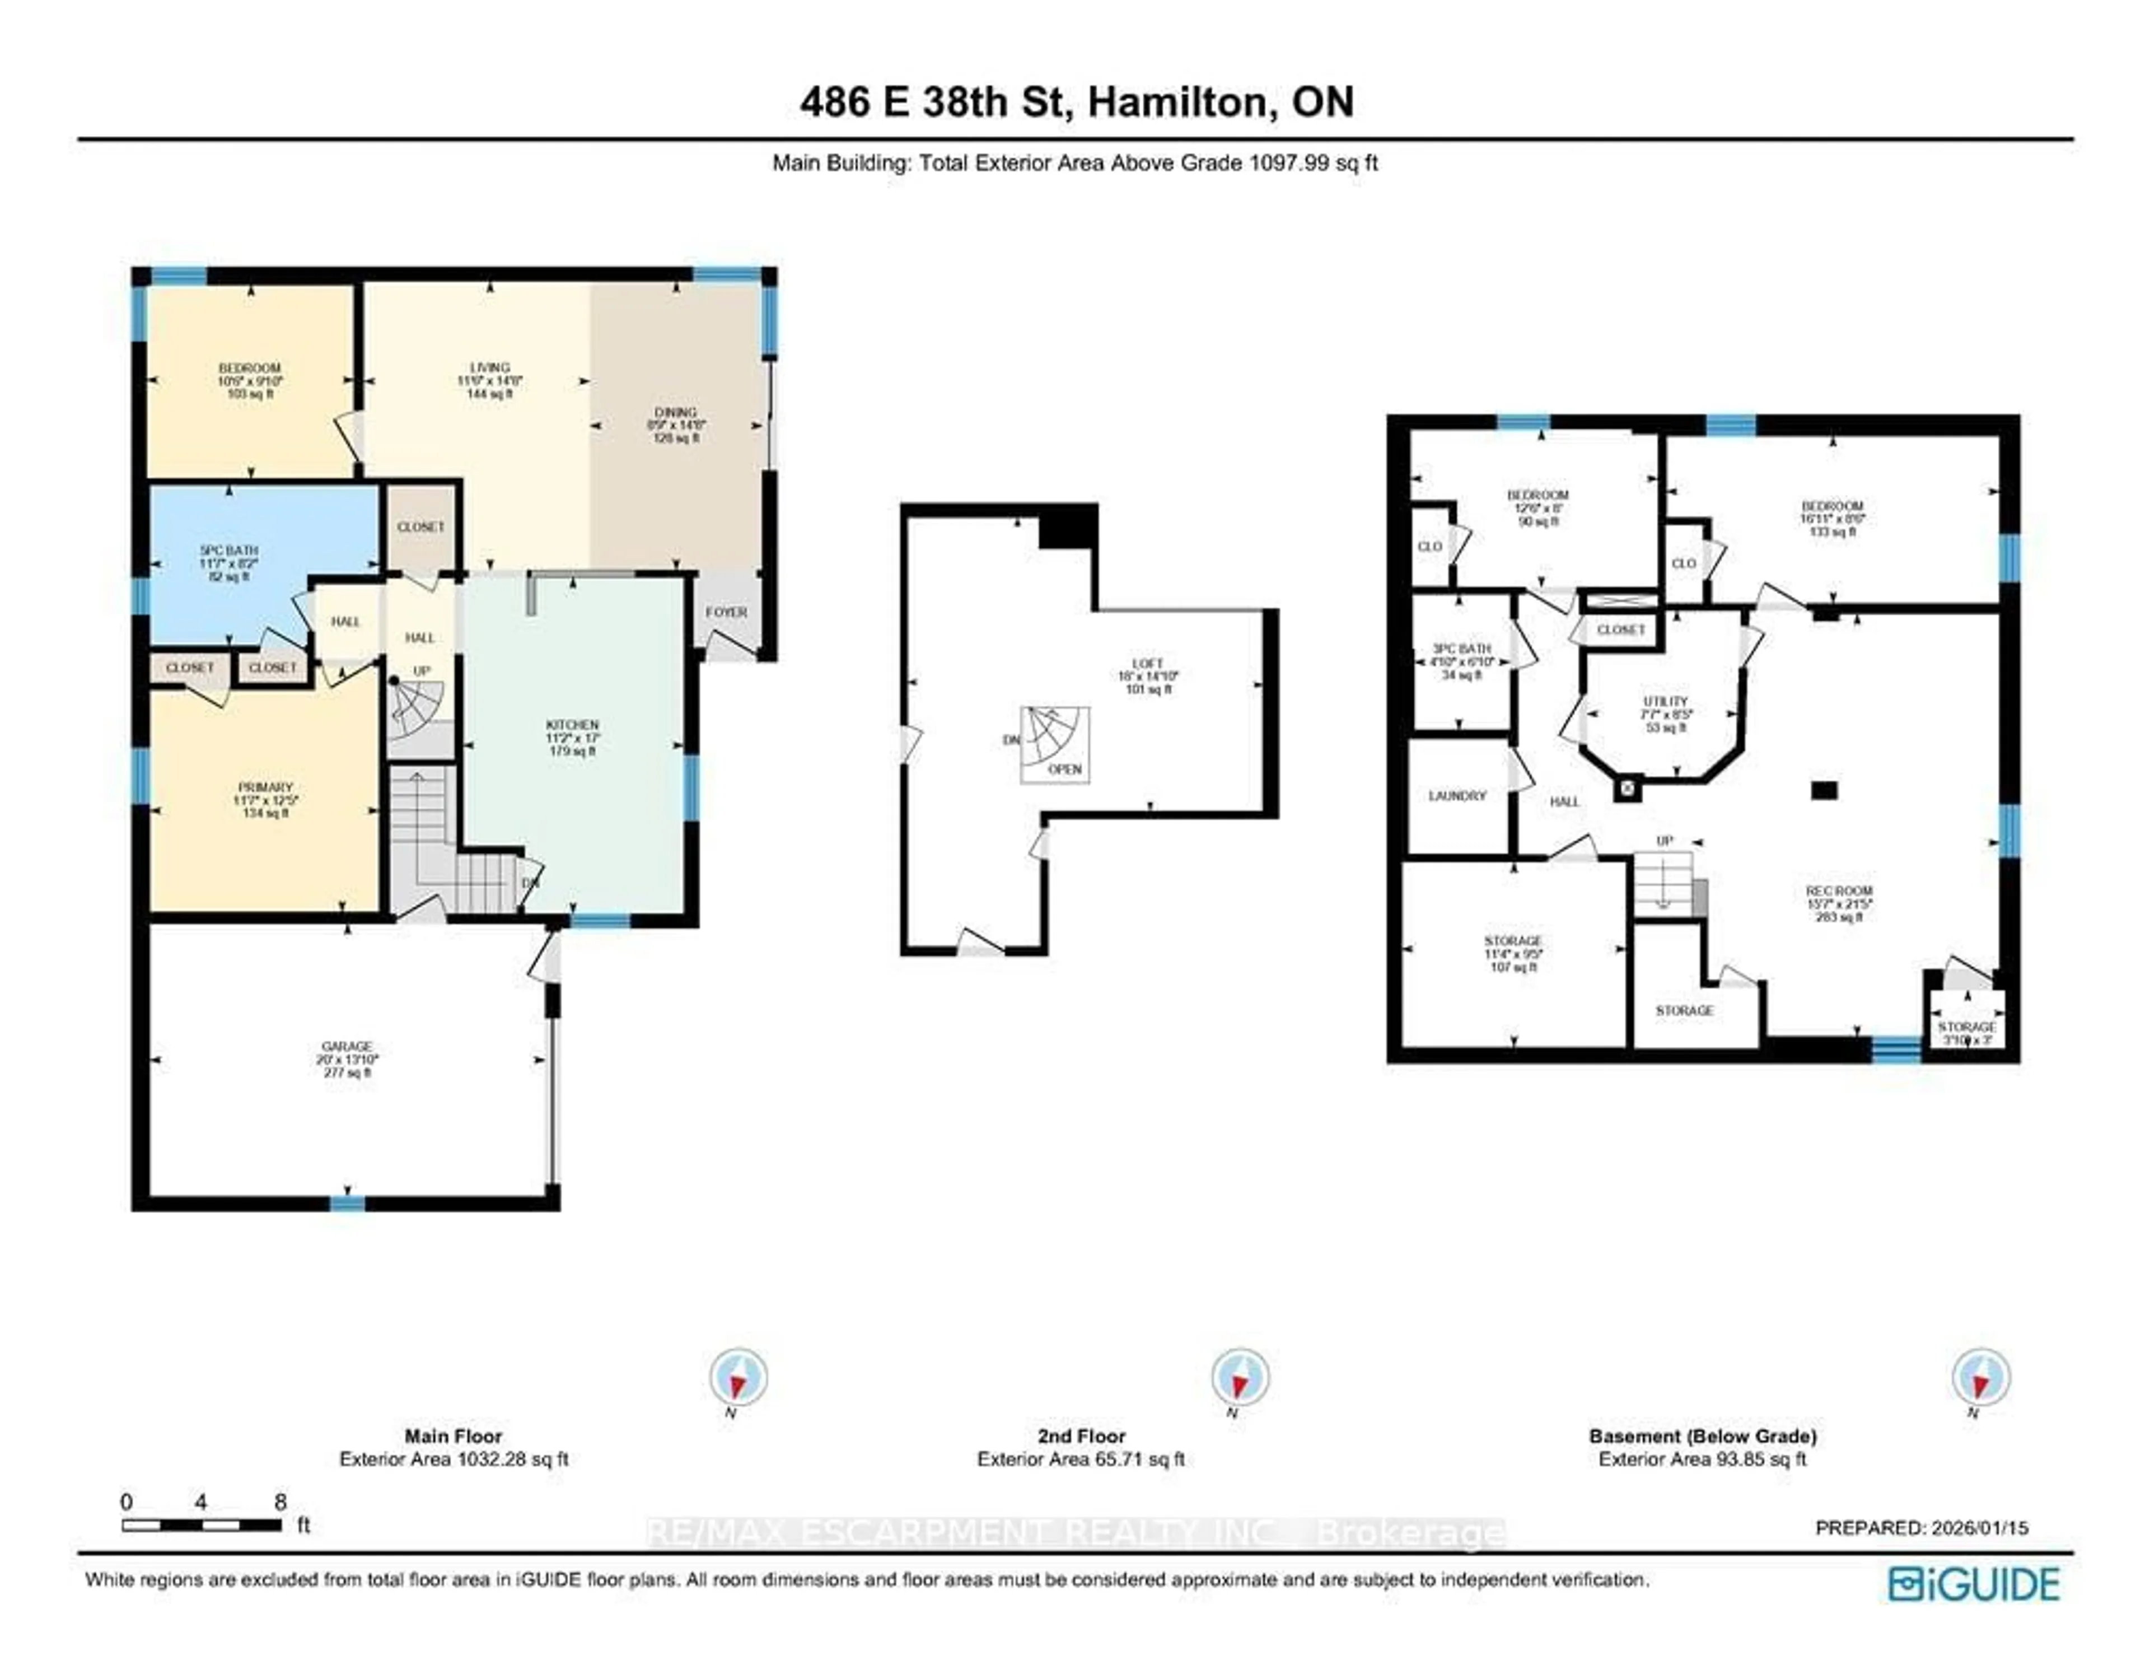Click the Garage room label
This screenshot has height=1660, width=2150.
[x=347, y=1047]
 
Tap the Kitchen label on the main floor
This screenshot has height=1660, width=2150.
[x=572, y=725]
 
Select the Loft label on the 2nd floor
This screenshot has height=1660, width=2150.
[x=1148, y=664]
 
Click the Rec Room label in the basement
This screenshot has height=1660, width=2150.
[x=1839, y=891]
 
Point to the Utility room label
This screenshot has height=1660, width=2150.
[x=1665, y=702]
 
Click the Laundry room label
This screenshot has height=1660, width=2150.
[x=1457, y=795]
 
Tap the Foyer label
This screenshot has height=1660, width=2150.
[x=727, y=612]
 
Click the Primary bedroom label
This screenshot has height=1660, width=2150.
[x=265, y=787]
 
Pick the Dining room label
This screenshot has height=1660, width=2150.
[x=675, y=413]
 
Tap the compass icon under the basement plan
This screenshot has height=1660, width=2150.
[x=1981, y=1377]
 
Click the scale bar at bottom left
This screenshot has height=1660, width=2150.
[x=202, y=1525]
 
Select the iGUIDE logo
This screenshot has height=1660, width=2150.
[x=1973, y=1584]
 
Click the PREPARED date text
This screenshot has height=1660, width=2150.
[x=1922, y=1528]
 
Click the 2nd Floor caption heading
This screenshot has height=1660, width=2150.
[x=1081, y=1437]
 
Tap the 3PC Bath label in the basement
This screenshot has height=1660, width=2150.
[x=1462, y=649]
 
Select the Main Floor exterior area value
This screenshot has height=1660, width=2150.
[x=454, y=1459]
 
